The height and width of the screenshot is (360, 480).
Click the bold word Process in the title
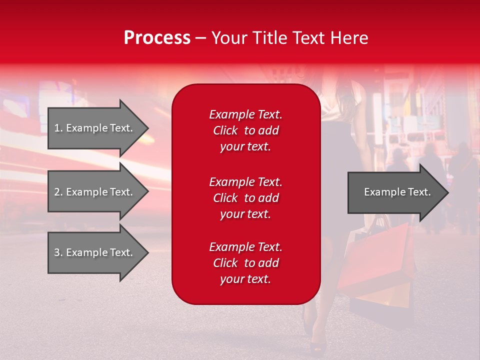[x=157, y=38]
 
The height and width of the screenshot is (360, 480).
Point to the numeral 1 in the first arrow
[x=56, y=128]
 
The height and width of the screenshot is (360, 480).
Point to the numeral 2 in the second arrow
[x=57, y=192]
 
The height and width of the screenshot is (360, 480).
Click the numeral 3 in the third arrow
[x=57, y=252]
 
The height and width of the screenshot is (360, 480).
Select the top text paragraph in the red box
[x=245, y=130]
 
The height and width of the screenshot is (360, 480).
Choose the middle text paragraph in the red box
[x=245, y=198]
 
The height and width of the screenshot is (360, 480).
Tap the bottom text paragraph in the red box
[x=245, y=263]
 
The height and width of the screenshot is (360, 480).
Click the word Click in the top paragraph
[x=225, y=130]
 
